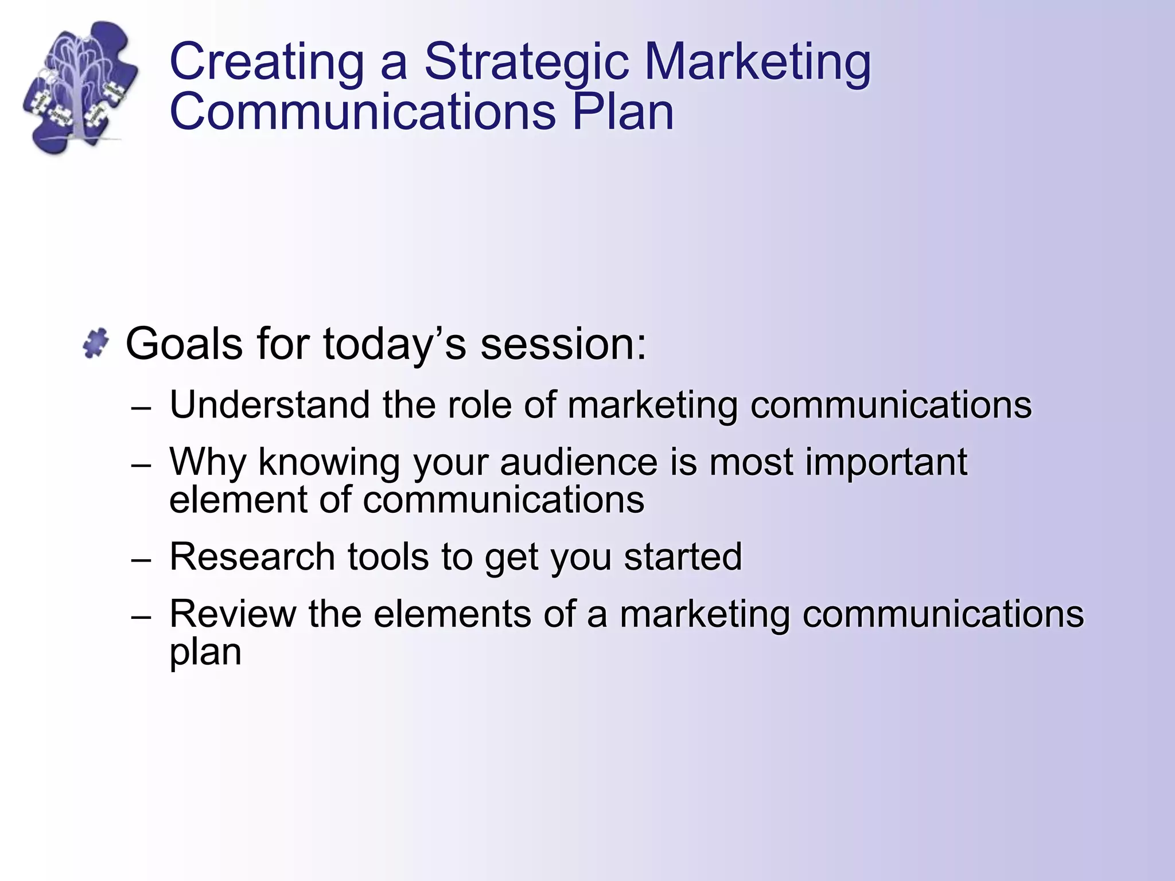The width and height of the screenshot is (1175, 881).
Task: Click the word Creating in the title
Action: click(267, 62)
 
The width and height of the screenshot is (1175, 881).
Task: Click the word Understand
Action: click(270, 405)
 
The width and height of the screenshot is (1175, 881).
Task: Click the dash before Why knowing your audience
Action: click(141, 466)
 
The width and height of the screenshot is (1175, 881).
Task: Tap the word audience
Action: click(578, 462)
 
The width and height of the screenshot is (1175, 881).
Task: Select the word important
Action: click(886, 462)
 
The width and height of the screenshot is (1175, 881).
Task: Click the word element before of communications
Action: click(238, 500)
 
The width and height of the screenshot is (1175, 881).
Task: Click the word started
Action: click(683, 557)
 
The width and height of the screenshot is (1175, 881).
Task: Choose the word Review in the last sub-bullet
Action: click(232, 614)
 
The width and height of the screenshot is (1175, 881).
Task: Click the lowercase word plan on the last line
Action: click(205, 653)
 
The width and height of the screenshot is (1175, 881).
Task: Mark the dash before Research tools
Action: click(141, 560)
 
